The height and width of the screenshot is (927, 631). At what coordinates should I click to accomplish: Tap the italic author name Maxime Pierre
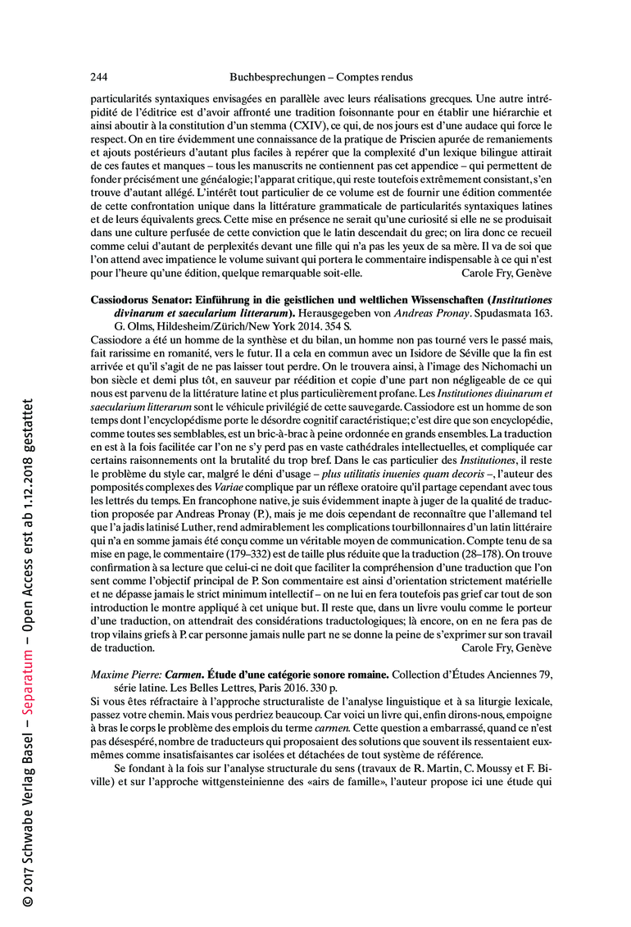[x=125, y=675]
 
